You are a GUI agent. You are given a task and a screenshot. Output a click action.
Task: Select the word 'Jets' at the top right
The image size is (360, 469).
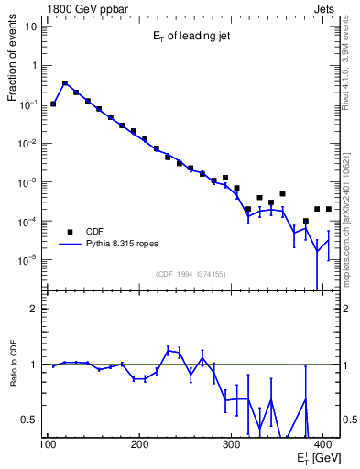327,7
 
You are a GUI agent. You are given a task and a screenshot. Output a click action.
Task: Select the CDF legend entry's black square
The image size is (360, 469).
70,232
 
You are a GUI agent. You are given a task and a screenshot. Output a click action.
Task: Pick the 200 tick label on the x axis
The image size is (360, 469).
139,444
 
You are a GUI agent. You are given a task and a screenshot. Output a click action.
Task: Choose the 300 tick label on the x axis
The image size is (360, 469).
233,444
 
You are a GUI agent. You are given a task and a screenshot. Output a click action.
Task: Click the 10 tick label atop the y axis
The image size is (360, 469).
32,26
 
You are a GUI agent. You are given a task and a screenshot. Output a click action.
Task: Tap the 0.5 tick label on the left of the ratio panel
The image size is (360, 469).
29,420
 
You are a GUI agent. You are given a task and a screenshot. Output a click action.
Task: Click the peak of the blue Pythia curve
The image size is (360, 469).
65,82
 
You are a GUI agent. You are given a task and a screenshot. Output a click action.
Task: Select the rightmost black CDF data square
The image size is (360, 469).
328,209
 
